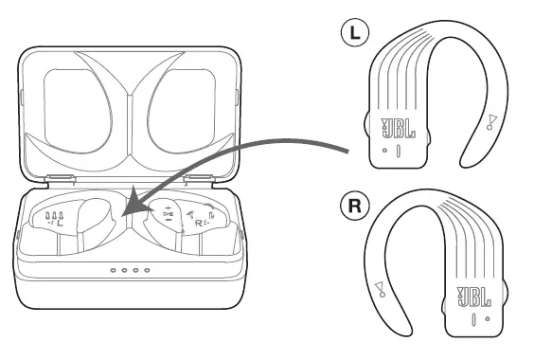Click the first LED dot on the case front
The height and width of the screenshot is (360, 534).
[113, 271]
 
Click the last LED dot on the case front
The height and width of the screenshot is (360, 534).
[148, 271]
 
